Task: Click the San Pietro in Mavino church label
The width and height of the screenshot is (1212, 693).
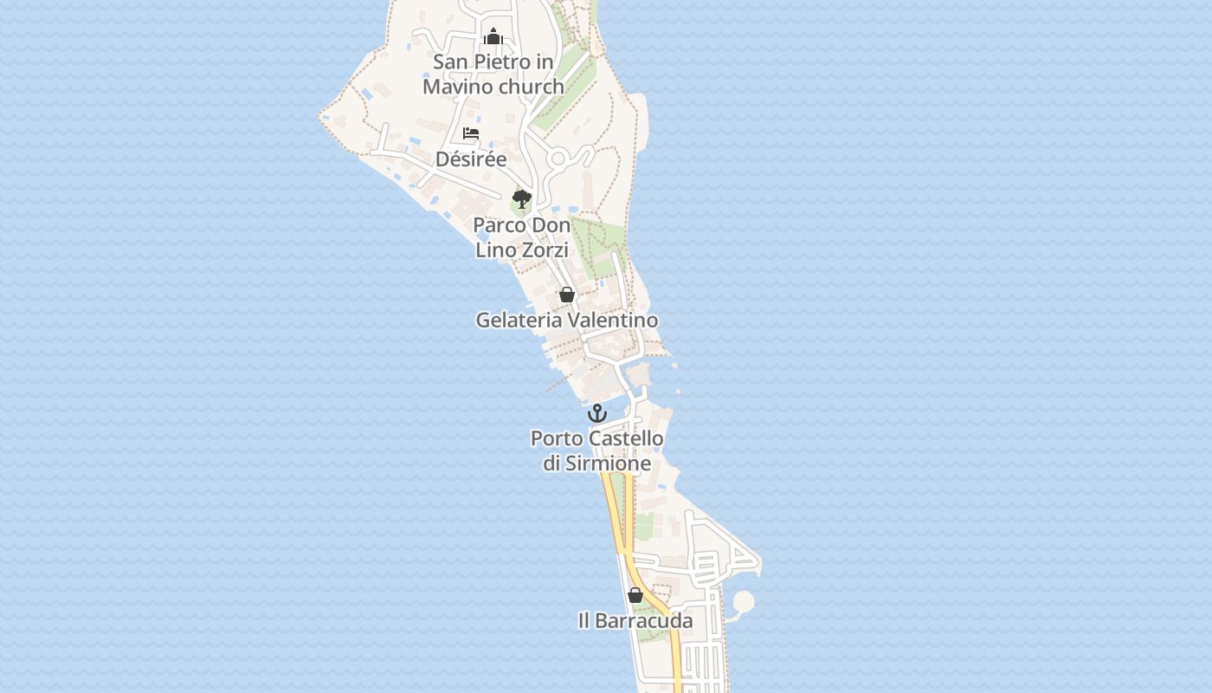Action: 493,74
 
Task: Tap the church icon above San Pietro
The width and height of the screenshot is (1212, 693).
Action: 493,36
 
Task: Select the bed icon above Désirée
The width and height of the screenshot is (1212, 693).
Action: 471,133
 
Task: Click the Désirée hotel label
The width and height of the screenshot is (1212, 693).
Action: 471,159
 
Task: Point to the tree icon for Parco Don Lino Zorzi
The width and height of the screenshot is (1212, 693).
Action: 521,199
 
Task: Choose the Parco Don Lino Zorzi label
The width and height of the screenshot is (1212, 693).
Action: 522,237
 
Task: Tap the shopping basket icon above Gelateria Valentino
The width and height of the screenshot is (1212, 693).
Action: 567,295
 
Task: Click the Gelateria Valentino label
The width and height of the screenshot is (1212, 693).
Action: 567,321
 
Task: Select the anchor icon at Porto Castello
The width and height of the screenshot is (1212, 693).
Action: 597,413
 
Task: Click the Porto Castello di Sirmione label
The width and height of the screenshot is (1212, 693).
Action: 597,451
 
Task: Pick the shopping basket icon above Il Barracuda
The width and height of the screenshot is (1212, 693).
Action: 635,595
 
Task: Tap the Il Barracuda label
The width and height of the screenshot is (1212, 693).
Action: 635,621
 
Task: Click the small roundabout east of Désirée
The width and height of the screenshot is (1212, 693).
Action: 558,159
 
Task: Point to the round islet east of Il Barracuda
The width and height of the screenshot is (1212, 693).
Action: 743,601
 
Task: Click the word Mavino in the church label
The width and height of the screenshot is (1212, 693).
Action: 455,87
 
